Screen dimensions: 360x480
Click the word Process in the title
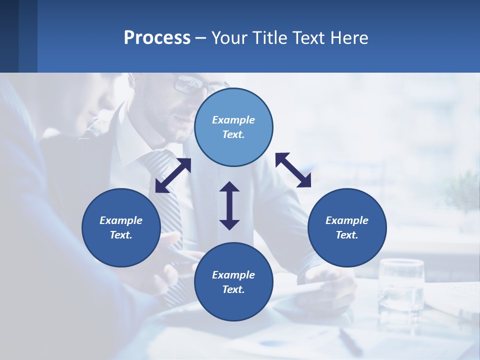click(x=157, y=38)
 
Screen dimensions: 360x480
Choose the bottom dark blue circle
click(x=233, y=300)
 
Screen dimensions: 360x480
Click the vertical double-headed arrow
click(x=229, y=205)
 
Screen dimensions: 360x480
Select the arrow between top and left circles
click(x=173, y=175)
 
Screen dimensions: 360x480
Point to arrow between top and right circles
click(x=293, y=170)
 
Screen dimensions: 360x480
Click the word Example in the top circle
click(x=233, y=120)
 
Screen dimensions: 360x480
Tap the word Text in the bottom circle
click(x=233, y=289)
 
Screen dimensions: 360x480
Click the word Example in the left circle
click(x=121, y=220)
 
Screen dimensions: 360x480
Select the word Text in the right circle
click(x=346, y=235)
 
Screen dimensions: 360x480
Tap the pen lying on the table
click(x=350, y=340)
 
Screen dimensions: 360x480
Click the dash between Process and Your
click(x=201, y=38)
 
